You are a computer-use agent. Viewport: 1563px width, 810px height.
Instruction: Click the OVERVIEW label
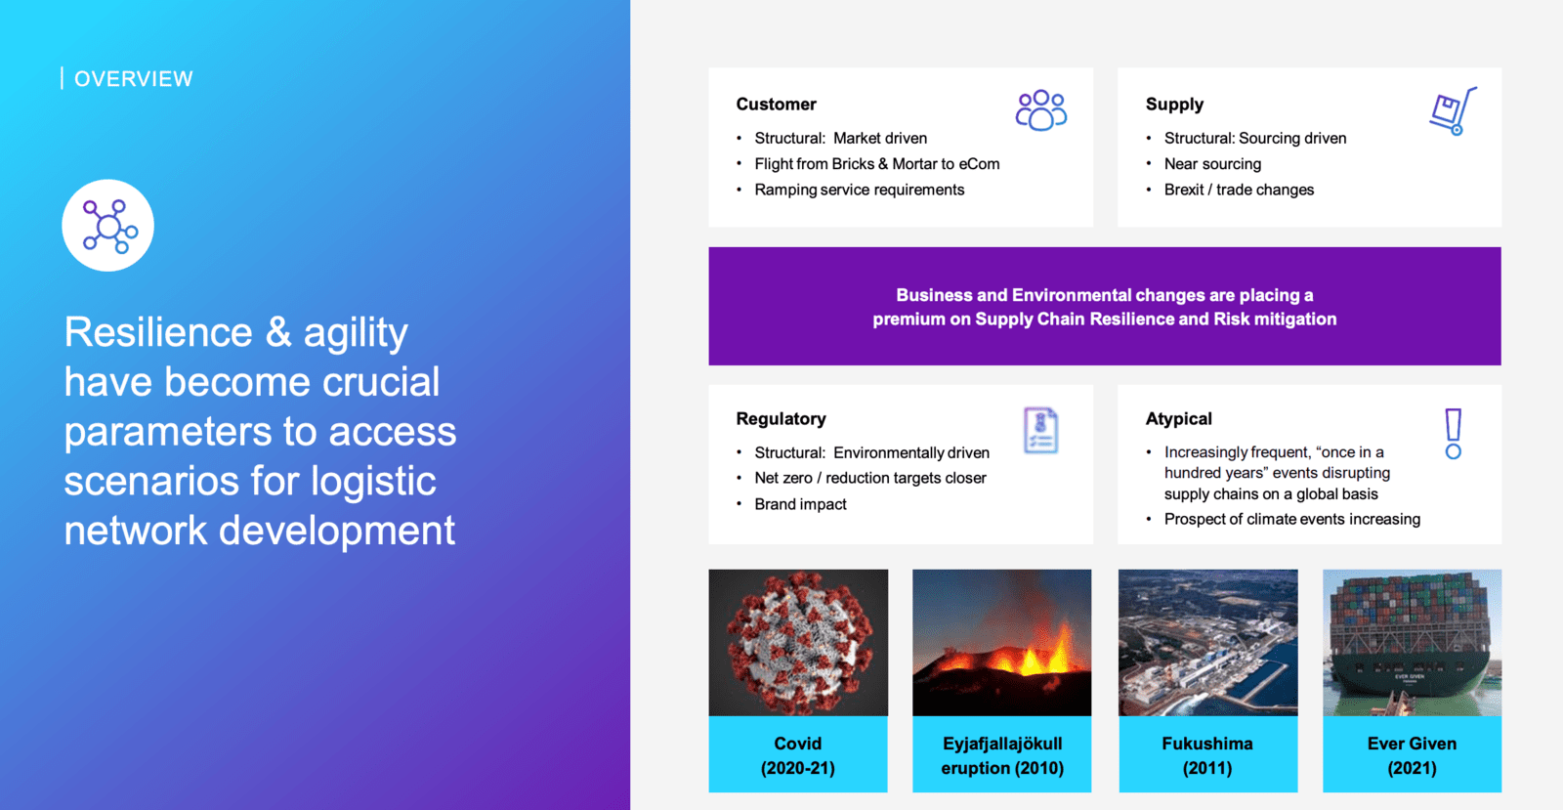pos(133,79)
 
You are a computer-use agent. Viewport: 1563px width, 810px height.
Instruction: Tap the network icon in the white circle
pos(108,226)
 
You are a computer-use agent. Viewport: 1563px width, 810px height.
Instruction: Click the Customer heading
pos(776,104)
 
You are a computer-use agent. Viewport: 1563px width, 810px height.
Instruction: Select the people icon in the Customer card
pos(1041,110)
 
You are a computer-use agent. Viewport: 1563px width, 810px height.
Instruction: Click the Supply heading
pos(1174,105)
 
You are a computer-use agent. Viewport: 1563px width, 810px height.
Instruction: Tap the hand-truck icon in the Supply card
pos(1453,111)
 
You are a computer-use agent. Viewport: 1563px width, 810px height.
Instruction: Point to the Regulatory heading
pos(781,418)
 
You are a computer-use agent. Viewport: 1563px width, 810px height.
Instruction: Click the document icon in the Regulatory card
pos(1040,431)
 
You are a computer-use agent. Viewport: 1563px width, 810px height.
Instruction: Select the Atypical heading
pos(1178,418)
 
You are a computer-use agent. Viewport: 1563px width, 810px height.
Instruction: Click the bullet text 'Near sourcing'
pos(1212,164)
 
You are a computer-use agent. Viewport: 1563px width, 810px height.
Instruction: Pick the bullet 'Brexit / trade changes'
pos(1239,190)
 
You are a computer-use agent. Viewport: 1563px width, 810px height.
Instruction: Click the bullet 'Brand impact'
pos(800,504)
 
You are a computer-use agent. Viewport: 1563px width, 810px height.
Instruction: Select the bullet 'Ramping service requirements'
pos(859,190)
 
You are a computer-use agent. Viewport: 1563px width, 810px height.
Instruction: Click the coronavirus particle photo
pos(798,643)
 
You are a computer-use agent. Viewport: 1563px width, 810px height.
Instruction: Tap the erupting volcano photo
pos(1002,643)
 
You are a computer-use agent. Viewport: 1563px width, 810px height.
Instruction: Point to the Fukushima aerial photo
pos(1207,643)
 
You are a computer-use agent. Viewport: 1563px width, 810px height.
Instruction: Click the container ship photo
pos(1413,643)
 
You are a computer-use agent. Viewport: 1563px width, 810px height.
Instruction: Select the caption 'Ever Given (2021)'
pos(1413,755)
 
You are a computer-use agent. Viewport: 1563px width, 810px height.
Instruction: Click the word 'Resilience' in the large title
pos(158,332)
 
